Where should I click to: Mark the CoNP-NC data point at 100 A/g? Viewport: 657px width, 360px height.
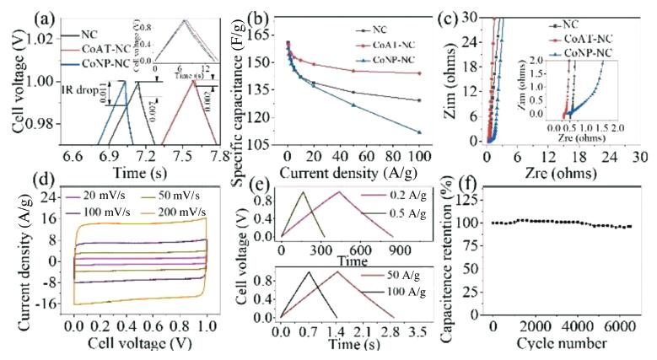[418, 132]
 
